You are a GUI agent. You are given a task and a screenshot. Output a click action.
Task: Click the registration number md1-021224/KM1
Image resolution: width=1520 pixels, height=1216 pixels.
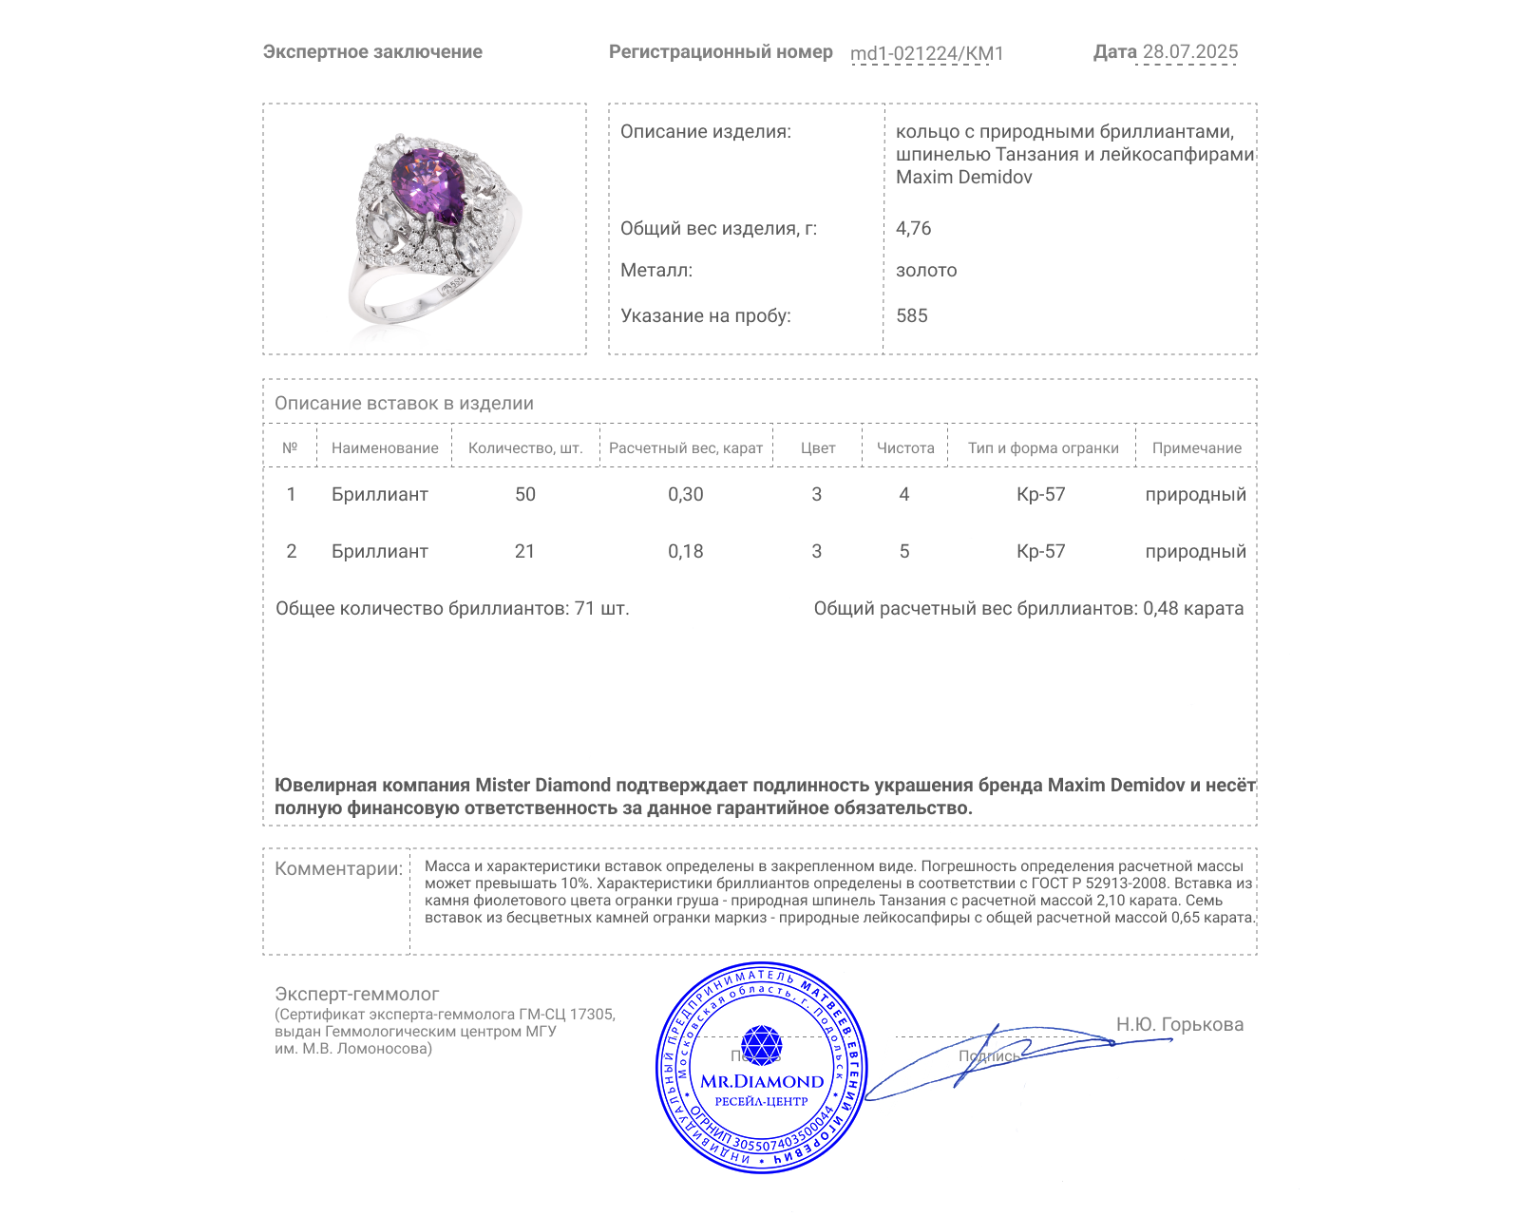click(926, 53)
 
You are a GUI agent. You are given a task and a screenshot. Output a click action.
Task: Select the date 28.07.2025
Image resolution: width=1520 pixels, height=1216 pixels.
click(1189, 52)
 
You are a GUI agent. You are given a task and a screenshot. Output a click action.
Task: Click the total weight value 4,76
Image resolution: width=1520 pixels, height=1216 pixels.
click(913, 228)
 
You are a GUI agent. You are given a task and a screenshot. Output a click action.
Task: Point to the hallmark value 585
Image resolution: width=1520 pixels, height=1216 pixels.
click(911, 315)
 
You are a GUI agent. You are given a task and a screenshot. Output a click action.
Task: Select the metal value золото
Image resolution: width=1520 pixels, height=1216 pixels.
click(926, 270)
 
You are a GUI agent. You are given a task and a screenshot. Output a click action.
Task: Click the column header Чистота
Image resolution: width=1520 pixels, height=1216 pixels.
click(904, 448)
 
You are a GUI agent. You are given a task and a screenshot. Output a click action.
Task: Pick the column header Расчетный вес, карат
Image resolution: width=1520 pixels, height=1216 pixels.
click(685, 448)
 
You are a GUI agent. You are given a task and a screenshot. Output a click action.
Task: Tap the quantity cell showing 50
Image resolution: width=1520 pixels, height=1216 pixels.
click(524, 494)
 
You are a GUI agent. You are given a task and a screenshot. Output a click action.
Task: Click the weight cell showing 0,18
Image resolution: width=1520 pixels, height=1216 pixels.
click(685, 551)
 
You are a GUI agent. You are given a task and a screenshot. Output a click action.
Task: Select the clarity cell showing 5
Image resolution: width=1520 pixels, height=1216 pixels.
click(903, 551)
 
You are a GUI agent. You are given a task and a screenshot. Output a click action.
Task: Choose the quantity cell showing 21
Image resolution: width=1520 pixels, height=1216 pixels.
click(524, 551)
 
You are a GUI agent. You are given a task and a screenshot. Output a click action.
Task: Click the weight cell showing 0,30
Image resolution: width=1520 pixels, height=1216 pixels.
click(685, 494)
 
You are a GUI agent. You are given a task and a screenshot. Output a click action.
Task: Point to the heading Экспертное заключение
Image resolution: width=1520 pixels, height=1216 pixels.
click(372, 52)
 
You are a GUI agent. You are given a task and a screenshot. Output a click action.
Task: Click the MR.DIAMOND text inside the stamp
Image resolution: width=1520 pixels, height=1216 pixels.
click(762, 1081)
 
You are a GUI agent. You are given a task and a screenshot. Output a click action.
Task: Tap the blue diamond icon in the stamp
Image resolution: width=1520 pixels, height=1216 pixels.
click(761, 1045)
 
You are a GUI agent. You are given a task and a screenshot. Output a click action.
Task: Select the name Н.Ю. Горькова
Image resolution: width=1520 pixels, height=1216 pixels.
click(1179, 1024)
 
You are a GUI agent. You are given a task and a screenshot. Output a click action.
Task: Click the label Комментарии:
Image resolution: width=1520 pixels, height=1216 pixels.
click(338, 868)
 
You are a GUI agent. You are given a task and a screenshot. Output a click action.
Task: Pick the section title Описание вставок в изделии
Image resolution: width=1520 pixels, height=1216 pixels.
click(404, 403)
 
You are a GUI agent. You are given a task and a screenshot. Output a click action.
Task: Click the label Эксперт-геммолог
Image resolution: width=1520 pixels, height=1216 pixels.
click(356, 994)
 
